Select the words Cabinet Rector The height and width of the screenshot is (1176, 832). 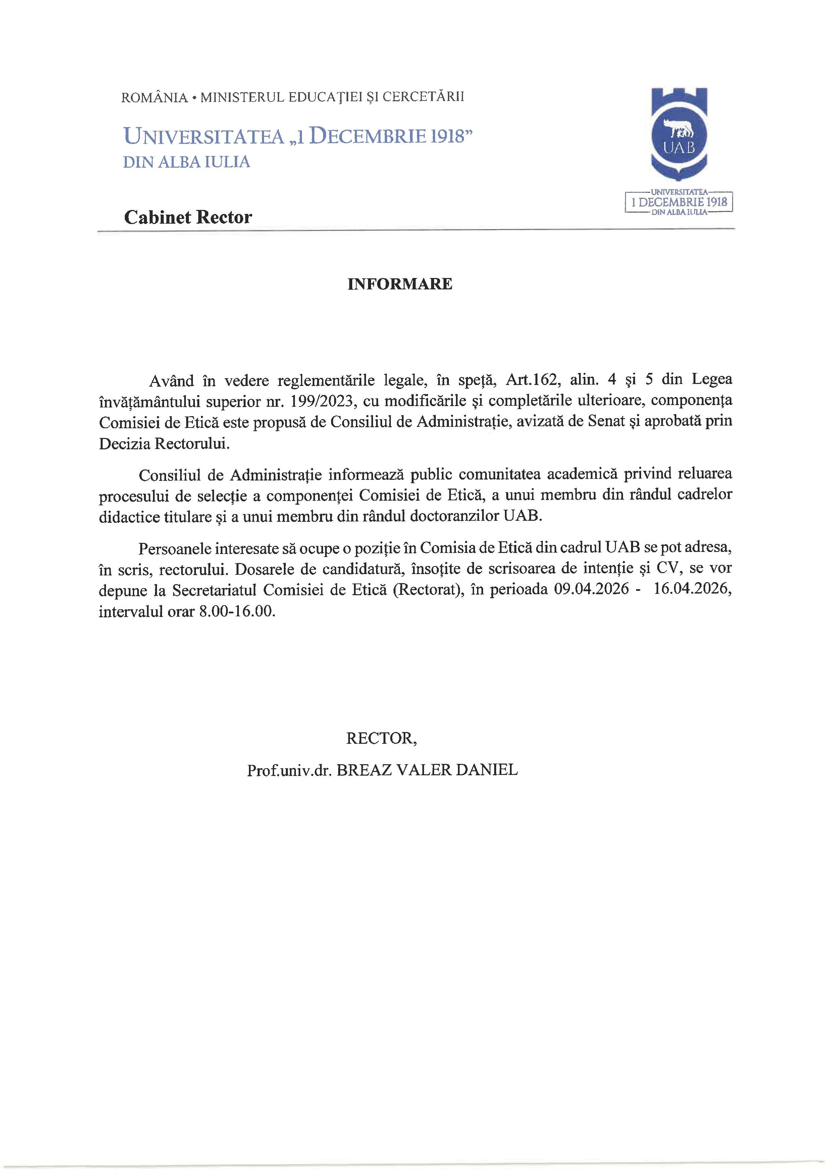tap(188, 217)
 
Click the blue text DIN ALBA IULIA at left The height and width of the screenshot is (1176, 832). tap(187, 162)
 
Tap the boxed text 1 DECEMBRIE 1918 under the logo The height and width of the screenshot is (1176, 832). tap(679, 202)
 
